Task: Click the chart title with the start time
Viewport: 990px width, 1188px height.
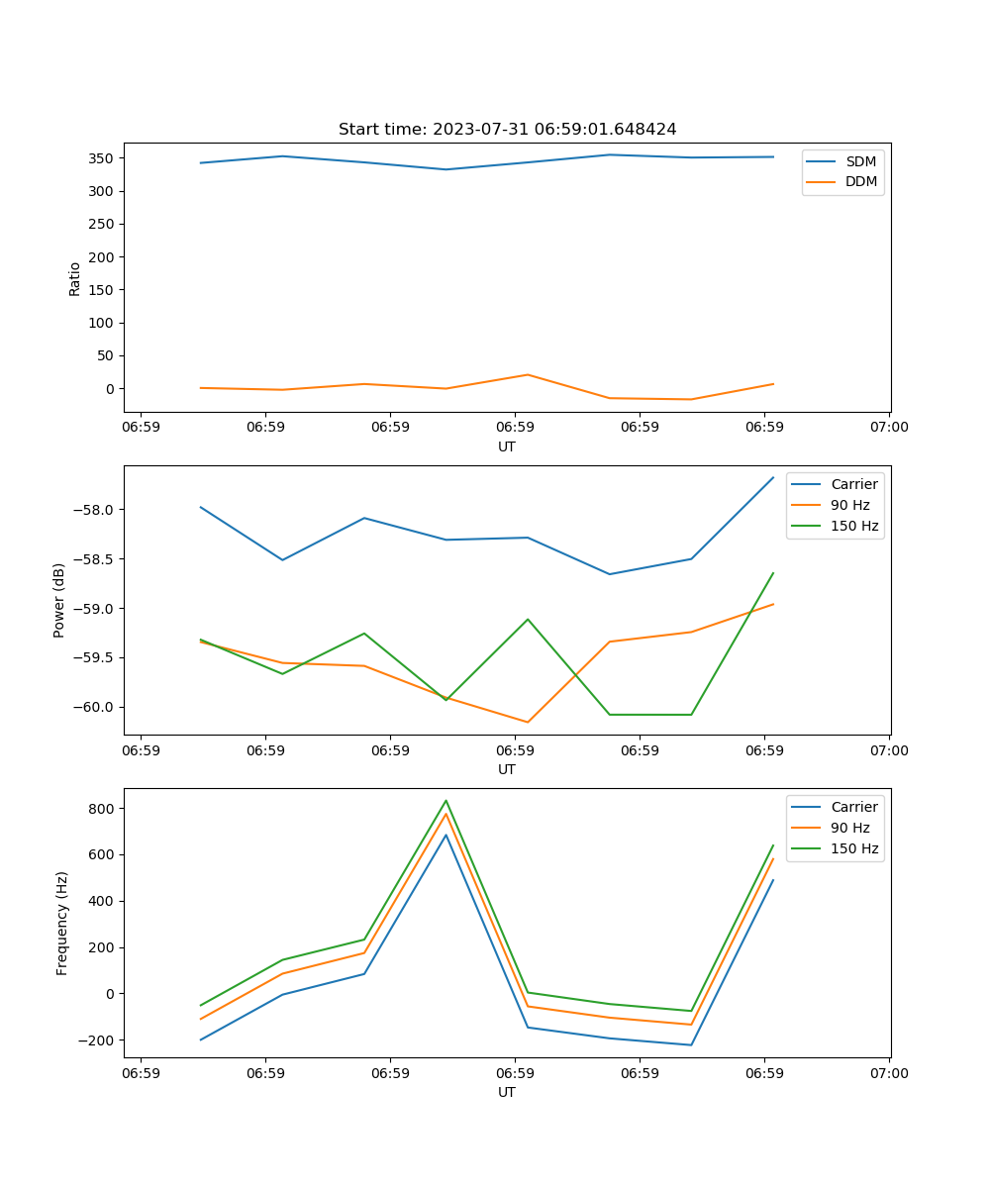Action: point(507,130)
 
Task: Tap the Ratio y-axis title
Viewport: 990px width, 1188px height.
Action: point(75,278)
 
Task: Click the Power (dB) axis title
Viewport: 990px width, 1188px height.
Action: point(59,600)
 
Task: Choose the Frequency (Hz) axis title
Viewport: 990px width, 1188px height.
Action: point(62,923)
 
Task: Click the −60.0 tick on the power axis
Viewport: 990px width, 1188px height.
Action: point(94,707)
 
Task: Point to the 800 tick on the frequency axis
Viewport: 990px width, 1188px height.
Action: point(102,809)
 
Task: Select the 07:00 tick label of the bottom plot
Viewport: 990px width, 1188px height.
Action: point(888,1073)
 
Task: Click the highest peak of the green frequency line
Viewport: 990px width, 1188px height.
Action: point(445,801)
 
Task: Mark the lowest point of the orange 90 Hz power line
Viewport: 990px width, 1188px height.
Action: point(528,722)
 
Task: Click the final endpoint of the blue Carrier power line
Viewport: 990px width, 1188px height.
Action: point(773,477)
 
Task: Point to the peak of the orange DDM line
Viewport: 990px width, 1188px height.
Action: point(528,374)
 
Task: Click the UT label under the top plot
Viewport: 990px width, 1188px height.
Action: point(507,446)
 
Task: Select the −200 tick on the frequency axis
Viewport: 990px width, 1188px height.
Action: point(98,1040)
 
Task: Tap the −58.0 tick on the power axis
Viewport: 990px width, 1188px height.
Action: point(94,510)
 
